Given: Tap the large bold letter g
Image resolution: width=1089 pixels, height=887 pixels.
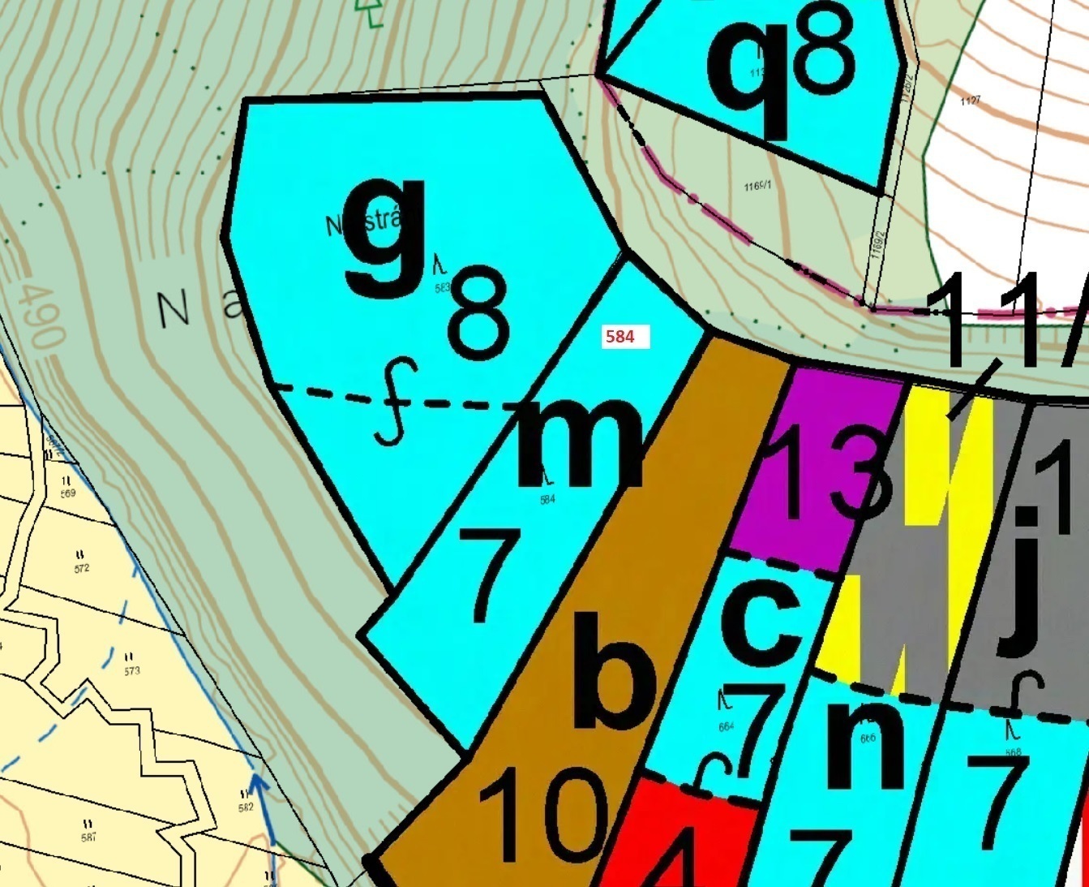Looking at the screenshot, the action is point(386,236).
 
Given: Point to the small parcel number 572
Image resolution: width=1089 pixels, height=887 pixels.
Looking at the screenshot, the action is point(81,568).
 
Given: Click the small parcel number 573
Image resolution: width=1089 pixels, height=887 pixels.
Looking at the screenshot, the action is point(132,670).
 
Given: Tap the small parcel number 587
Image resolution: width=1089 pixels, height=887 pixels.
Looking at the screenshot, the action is point(88,837).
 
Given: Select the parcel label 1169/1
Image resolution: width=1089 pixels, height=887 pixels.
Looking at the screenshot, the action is point(757,187).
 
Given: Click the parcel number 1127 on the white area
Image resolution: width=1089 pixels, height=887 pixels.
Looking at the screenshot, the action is point(970,101).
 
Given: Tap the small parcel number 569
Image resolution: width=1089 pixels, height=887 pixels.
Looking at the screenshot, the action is point(67,493).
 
